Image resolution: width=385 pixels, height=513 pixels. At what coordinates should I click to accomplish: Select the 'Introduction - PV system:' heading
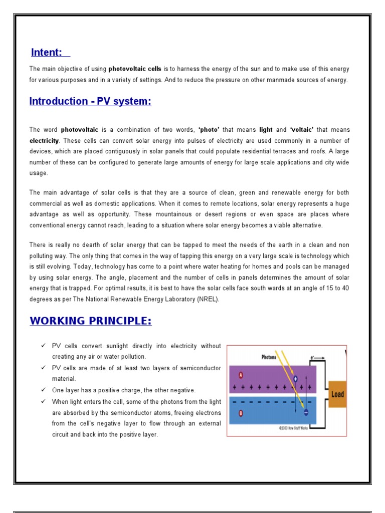click(90, 101)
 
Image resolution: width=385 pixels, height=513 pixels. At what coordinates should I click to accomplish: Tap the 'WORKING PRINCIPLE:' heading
click(90, 321)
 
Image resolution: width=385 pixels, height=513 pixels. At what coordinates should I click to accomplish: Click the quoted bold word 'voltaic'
click(302, 130)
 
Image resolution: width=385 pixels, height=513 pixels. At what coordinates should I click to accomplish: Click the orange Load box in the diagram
click(337, 394)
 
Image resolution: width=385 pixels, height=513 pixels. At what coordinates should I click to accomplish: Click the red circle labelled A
click(241, 374)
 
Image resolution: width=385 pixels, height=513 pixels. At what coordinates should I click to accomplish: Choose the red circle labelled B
click(241, 414)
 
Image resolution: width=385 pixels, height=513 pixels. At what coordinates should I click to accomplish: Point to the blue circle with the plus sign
click(295, 379)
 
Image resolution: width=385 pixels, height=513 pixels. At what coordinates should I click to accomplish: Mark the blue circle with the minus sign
click(305, 412)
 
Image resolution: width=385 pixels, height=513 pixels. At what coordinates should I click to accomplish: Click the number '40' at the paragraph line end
click(345, 289)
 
